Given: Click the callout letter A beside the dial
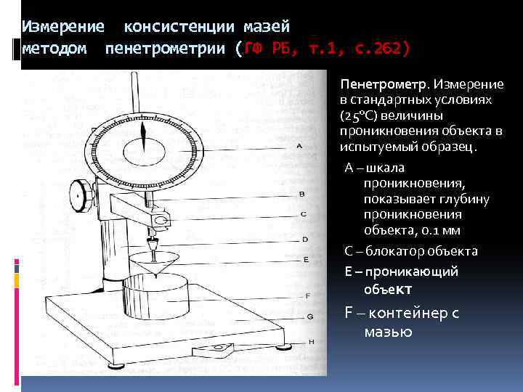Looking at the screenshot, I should [299, 146].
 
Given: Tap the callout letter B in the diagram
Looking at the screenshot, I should [301, 194].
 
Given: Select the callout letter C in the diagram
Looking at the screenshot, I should [303, 213].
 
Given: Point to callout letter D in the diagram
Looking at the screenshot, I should [305, 239].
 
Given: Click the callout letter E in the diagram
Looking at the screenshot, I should [307, 258].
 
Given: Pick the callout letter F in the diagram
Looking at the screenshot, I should [308, 295].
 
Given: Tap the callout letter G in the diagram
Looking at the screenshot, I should [310, 317].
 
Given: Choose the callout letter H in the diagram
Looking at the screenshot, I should [312, 341].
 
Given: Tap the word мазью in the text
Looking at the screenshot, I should [388, 332].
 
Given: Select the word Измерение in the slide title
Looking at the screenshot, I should [62, 28].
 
